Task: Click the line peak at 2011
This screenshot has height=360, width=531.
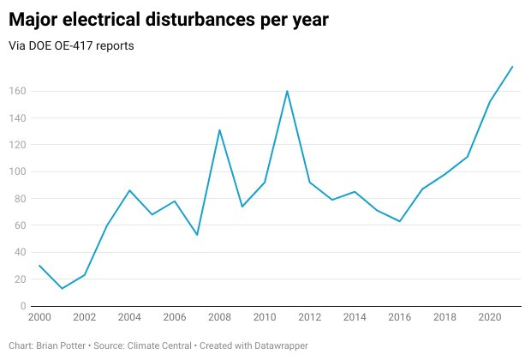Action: (x=287, y=91)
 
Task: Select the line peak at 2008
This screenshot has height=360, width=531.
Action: (x=220, y=129)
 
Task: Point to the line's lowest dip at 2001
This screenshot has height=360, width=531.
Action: (x=63, y=288)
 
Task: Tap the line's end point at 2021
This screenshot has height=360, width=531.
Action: (x=512, y=66)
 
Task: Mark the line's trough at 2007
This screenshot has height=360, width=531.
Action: (x=197, y=234)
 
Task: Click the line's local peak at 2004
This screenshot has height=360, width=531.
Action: (x=129, y=190)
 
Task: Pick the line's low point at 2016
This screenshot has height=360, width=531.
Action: (x=400, y=221)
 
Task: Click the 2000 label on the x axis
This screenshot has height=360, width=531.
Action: (x=39, y=317)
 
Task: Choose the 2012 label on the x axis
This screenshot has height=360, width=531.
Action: (x=309, y=317)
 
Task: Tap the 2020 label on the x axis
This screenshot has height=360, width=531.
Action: (x=489, y=317)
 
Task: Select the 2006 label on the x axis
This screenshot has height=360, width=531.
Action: (x=175, y=317)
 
